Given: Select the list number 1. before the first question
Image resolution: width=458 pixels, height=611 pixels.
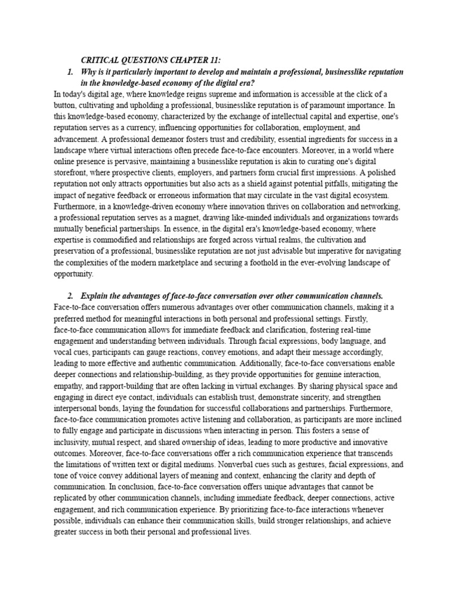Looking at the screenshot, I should (72, 72).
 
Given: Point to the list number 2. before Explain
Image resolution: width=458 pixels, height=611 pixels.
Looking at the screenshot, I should (72, 296).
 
